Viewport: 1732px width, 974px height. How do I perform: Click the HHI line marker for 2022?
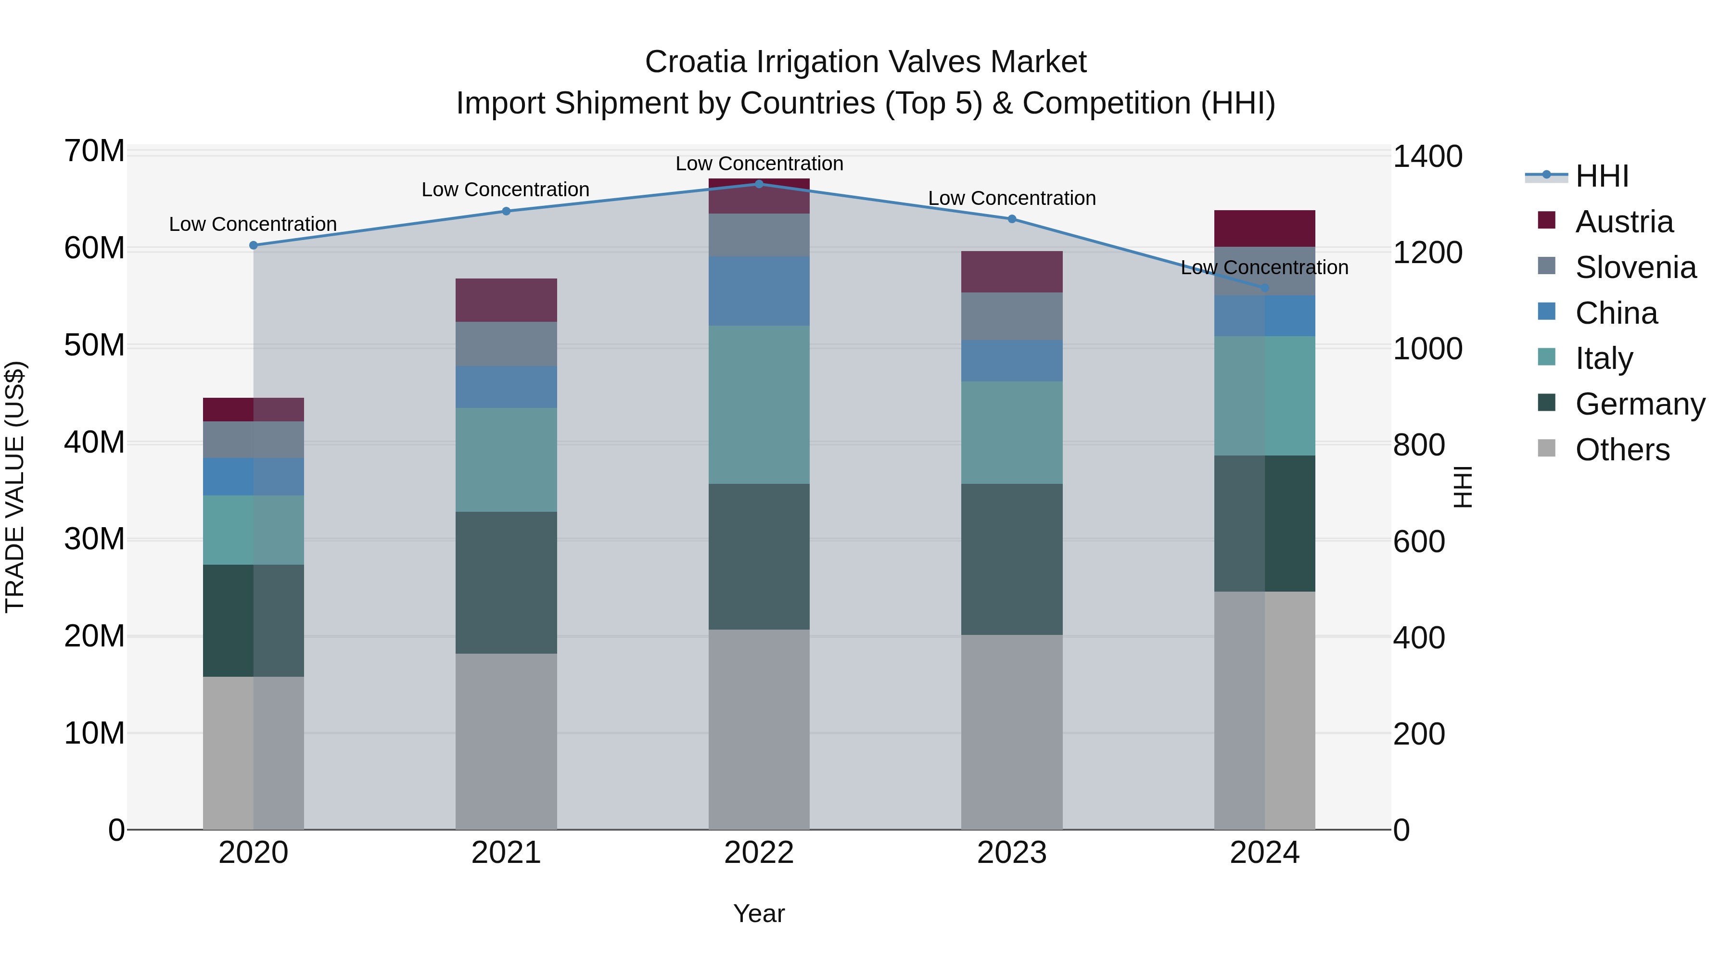[x=759, y=184]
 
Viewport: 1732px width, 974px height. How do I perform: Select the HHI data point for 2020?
[x=254, y=245]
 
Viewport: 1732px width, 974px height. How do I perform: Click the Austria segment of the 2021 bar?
[x=506, y=300]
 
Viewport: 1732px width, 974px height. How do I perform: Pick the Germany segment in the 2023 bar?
[x=1012, y=559]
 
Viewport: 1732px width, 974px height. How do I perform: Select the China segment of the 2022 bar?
[x=759, y=291]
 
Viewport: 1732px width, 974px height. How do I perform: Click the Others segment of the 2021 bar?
[x=506, y=741]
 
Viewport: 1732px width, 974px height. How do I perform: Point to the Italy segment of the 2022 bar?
[x=759, y=405]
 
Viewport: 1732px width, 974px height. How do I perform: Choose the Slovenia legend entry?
[x=1635, y=267]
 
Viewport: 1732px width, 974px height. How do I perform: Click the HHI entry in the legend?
[x=1602, y=176]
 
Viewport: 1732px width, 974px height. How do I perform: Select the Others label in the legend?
[x=1622, y=450]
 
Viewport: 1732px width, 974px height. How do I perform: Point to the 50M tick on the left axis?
[x=94, y=345]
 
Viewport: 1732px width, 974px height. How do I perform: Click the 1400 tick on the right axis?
[x=1427, y=157]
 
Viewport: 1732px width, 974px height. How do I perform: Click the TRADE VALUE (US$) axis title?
[x=15, y=487]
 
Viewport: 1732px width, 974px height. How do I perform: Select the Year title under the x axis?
[x=759, y=913]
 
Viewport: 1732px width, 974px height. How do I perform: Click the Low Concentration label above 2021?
[x=506, y=190]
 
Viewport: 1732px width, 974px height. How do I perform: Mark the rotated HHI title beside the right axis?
[x=1463, y=487]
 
